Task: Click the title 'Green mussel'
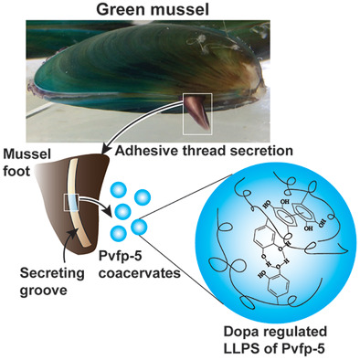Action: [x=153, y=9]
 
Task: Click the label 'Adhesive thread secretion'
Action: [x=204, y=151]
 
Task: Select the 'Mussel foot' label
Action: [x=26, y=163]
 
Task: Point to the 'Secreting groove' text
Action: [x=52, y=281]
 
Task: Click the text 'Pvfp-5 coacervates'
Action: [x=140, y=264]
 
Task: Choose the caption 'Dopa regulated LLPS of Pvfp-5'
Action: [x=275, y=340]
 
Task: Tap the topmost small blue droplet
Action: [x=119, y=190]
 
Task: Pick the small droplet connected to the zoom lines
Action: [x=139, y=227]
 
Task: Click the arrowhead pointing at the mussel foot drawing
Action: [x=106, y=150]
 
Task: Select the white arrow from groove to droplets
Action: [x=93, y=203]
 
